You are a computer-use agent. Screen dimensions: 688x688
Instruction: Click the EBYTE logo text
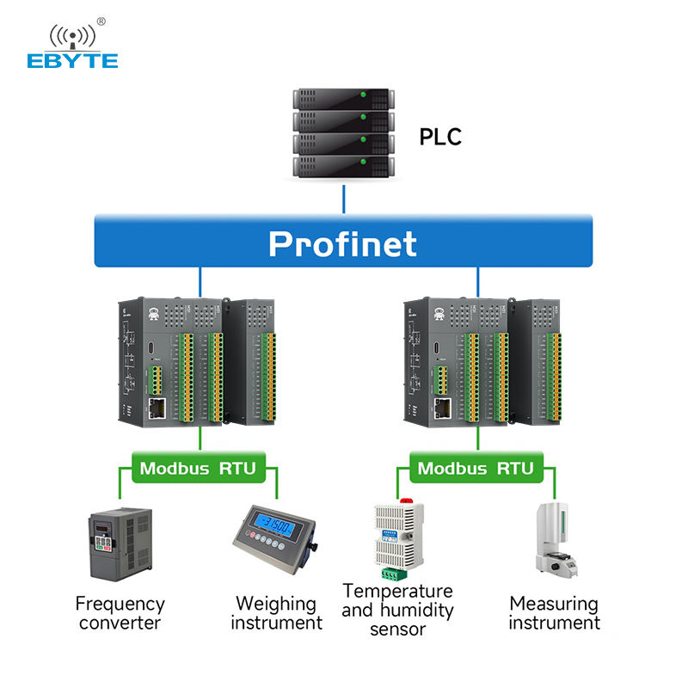pos(72,60)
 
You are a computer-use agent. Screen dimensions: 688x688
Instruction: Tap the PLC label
pos(440,136)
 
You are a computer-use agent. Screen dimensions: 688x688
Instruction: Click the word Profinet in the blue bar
pos(342,243)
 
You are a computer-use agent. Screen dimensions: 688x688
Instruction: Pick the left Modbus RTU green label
pos(199,469)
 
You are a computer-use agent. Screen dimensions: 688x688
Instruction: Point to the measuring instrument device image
pos(555,538)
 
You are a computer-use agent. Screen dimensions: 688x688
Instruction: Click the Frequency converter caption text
pos(120,613)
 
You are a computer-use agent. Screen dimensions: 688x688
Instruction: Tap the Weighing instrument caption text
pos(276,613)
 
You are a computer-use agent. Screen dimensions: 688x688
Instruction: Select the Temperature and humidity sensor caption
pos(397,610)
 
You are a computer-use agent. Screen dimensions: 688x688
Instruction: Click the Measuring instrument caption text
pos(554,613)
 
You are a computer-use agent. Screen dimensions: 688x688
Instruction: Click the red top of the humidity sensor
pos(403,500)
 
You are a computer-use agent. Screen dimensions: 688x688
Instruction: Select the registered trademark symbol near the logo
pos(101,21)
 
